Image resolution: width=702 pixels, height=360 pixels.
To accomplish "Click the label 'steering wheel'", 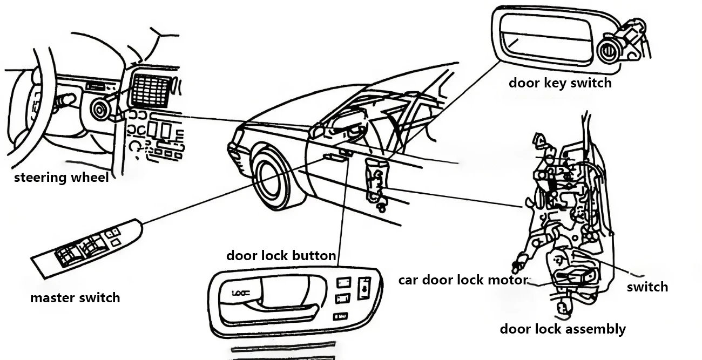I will (61, 178).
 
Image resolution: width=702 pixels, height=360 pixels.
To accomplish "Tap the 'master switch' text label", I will (75, 297).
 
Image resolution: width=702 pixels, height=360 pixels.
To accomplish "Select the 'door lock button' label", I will (281, 255).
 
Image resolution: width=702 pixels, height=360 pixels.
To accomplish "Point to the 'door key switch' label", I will (560, 83).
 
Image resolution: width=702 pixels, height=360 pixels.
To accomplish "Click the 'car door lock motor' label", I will (462, 280).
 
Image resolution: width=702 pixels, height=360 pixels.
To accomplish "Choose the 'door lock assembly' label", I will (563, 329).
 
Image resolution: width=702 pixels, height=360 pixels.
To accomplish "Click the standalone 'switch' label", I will (647, 287).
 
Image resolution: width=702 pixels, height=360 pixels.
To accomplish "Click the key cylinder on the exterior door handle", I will (609, 52).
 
